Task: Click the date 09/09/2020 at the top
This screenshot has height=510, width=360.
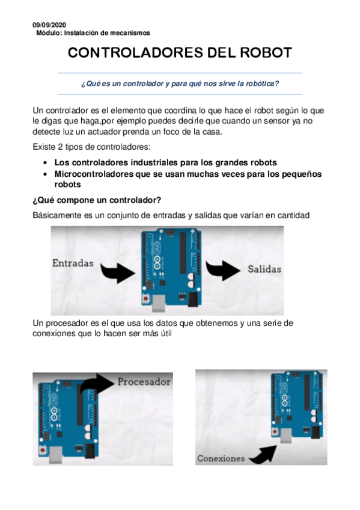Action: click(49, 25)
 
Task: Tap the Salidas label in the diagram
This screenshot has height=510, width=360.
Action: click(264, 269)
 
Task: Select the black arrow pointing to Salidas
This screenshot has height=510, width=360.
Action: click(224, 268)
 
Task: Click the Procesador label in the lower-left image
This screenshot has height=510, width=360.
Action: click(144, 381)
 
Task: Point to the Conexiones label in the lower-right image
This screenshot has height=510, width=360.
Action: click(221, 458)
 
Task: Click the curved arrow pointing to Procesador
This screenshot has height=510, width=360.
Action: click(96, 385)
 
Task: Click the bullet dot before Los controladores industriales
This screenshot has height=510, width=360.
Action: click(46, 163)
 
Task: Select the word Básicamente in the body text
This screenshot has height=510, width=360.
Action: click(57, 215)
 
